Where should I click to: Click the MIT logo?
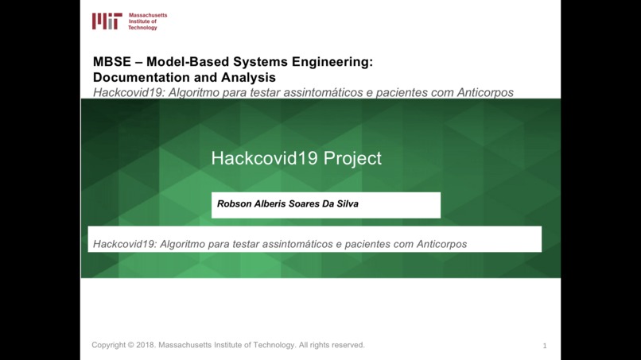[107, 21]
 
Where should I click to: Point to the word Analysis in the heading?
[251, 77]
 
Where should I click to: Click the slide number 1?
[545, 346]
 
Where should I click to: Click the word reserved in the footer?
[345, 345]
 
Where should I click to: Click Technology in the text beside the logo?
[143, 28]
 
